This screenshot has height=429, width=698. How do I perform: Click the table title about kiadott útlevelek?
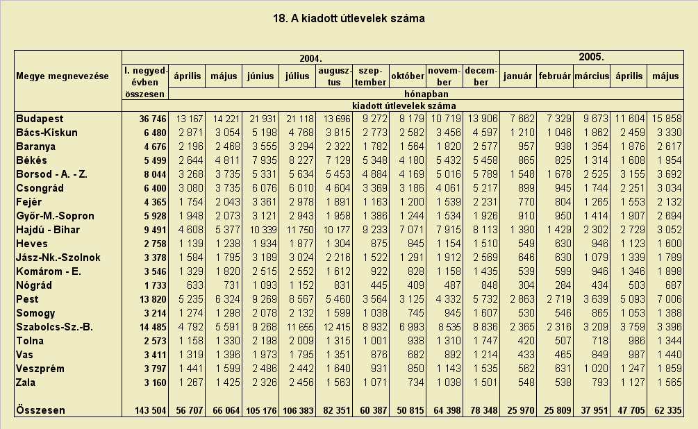tap(349, 18)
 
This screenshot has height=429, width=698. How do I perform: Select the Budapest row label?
tap(40, 119)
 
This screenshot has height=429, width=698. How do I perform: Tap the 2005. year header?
tap(591, 57)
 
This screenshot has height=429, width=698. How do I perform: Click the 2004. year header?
tap(310, 58)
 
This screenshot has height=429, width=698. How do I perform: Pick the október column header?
tap(408, 76)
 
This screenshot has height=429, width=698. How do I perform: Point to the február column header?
tap(555, 76)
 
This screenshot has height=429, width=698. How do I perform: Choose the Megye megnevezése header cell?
tap(63, 76)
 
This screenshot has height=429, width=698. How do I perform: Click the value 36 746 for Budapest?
tap(153, 119)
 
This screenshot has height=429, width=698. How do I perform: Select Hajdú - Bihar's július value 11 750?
tap(300, 230)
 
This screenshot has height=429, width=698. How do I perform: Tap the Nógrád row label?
tap(34, 285)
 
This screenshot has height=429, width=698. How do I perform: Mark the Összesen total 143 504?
tap(151, 410)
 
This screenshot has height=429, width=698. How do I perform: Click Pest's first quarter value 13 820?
tap(153, 299)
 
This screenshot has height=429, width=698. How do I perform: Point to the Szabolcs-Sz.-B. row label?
tap(54, 327)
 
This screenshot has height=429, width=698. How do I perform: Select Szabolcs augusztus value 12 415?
tap(337, 327)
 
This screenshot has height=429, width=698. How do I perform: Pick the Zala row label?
tap(26, 382)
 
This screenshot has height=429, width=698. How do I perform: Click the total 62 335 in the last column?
tap(667, 410)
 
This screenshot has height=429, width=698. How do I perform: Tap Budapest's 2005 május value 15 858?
tap(667, 119)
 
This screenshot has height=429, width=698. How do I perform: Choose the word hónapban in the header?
tap(426, 94)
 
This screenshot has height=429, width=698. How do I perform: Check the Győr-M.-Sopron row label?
tap(55, 217)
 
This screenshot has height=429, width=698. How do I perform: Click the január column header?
tap(517, 76)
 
